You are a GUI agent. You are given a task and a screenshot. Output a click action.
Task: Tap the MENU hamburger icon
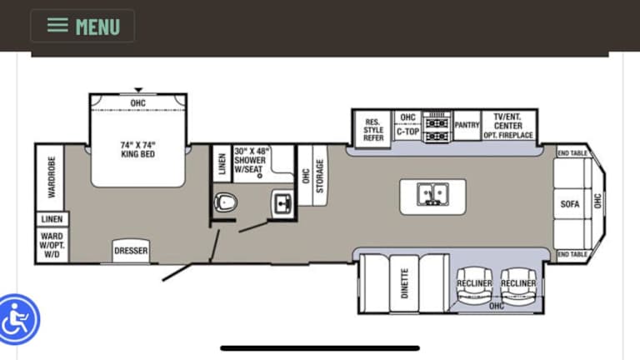click(x=57, y=25)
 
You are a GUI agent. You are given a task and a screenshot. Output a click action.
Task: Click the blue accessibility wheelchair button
click(x=18, y=319)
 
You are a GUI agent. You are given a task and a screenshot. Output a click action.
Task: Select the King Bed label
click(x=138, y=149)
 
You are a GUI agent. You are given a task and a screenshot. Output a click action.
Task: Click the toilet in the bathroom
click(x=225, y=202)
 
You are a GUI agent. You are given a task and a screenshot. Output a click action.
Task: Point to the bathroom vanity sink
click(x=282, y=202)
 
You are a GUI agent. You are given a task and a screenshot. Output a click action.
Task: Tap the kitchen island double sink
click(x=432, y=194)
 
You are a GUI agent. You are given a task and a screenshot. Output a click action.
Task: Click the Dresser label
click(x=131, y=251)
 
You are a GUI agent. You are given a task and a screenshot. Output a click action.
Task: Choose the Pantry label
click(x=467, y=125)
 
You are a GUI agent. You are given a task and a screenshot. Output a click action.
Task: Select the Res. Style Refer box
click(x=373, y=129)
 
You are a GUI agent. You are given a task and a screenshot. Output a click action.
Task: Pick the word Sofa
click(x=570, y=203)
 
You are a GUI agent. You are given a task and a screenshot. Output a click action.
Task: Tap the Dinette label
click(x=404, y=283)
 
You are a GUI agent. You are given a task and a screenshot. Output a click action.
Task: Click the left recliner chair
click(x=474, y=286)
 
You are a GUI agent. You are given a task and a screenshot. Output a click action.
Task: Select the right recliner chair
click(x=518, y=286)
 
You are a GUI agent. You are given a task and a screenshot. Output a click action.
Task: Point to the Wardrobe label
click(x=52, y=177)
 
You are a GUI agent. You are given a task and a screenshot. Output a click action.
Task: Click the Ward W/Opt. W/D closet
click(x=52, y=245)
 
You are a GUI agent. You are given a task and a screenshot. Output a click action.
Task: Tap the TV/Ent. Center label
click(x=507, y=121)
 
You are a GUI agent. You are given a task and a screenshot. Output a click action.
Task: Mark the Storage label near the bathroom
click(x=320, y=176)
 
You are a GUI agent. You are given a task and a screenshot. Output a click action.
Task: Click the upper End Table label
click(x=572, y=153)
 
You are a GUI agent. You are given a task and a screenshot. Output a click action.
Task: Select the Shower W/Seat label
click(x=250, y=160)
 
